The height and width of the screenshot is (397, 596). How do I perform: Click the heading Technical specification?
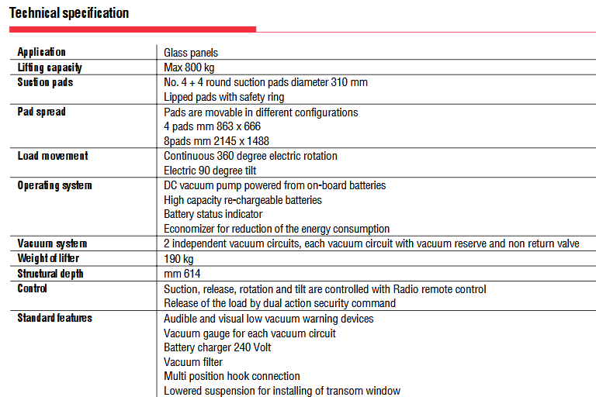click(x=69, y=13)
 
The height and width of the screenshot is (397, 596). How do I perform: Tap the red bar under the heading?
click(x=132, y=29)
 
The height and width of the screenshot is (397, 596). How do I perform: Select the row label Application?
click(x=42, y=52)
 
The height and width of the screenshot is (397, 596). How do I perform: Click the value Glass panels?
click(x=191, y=53)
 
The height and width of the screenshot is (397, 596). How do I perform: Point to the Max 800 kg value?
click(x=189, y=67)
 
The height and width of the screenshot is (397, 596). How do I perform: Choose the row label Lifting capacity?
click(x=50, y=67)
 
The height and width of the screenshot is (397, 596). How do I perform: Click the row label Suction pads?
click(x=45, y=82)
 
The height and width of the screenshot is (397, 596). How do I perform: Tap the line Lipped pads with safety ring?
click(x=224, y=97)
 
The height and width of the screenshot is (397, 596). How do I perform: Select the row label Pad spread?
click(x=42, y=112)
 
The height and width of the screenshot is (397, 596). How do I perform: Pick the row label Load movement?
click(x=53, y=156)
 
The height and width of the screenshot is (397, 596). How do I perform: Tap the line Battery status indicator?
click(x=213, y=214)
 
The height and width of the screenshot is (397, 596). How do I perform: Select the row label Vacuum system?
click(x=52, y=243)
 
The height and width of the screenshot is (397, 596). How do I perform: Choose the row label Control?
click(x=33, y=288)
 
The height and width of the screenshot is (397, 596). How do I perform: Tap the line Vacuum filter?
click(x=193, y=362)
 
